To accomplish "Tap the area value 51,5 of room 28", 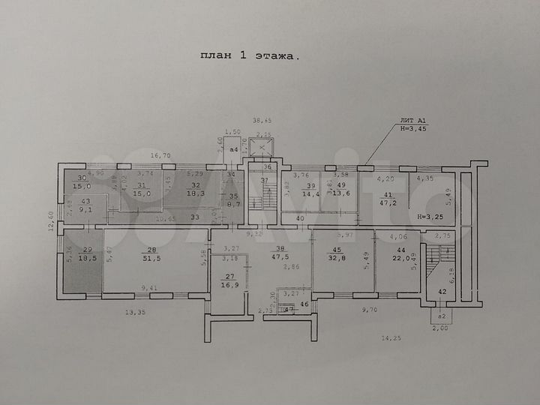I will (x=151, y=259).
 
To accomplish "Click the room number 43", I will (x=85, y=201).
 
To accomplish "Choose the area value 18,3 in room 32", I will (x=196, y=193).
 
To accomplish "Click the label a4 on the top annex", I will (x=234, y=150).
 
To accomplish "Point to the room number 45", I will (x=337, y=250).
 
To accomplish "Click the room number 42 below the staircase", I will (x=442, y=292).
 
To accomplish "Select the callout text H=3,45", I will (x=413, y=128).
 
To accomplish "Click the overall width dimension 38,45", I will (x=262, y=120).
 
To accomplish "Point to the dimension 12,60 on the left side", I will (x=52, y=223).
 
